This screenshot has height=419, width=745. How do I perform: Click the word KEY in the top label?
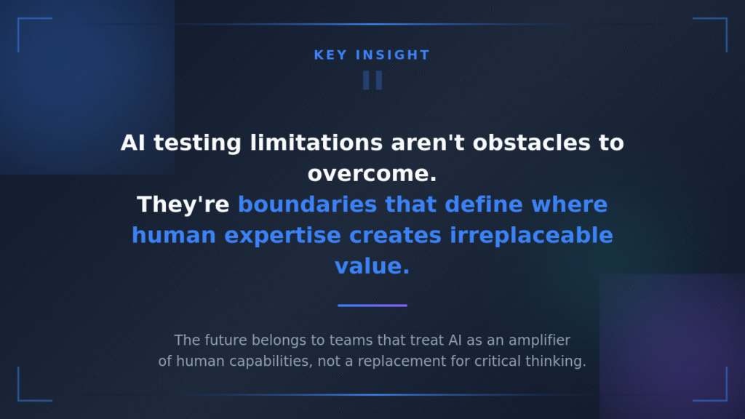point(328,55)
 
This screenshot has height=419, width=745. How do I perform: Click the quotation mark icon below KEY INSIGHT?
point(372,80)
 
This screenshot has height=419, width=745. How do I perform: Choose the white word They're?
point(183,204)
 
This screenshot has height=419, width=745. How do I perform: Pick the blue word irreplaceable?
point(532,236)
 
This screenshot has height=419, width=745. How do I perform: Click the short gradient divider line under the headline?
point(372,306)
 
